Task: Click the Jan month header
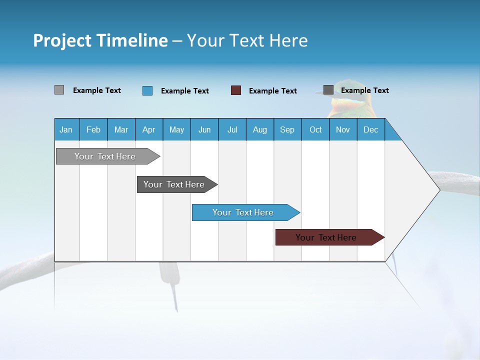tap(66, 129)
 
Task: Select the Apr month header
tap(148, 129)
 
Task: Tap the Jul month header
tap(232, 129)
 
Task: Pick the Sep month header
tap(287, 129)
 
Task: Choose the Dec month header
tap(370, 129)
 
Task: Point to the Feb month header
tap(93, 129)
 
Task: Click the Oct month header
tap(315, 129)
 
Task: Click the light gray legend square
tap(59, 90)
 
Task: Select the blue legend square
tap(147, 90)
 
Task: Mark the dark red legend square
tap(236, 90)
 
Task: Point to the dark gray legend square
tap(328, 90)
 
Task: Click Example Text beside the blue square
tap(184, 91)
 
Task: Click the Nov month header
tap(343, 129)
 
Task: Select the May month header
tap(176, 129)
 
